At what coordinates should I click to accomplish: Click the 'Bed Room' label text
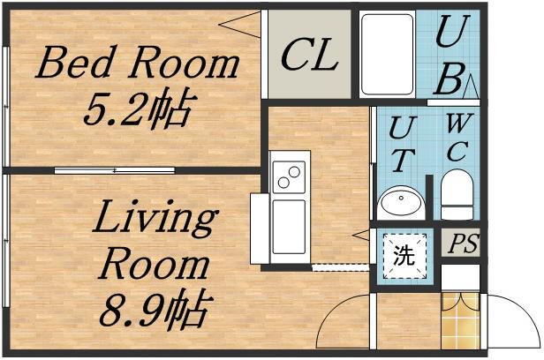click(x=137, y=64)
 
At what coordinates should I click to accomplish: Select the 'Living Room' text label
click(x=155, y=240)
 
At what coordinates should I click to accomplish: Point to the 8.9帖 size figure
click(x=155, y=310)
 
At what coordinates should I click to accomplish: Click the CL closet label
click(x=310, y=56)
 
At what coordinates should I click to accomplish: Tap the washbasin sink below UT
click(x=400, y=203)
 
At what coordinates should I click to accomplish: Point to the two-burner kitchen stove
click(x=289, y=177)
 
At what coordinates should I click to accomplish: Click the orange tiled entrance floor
click(x=459, y=328)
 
